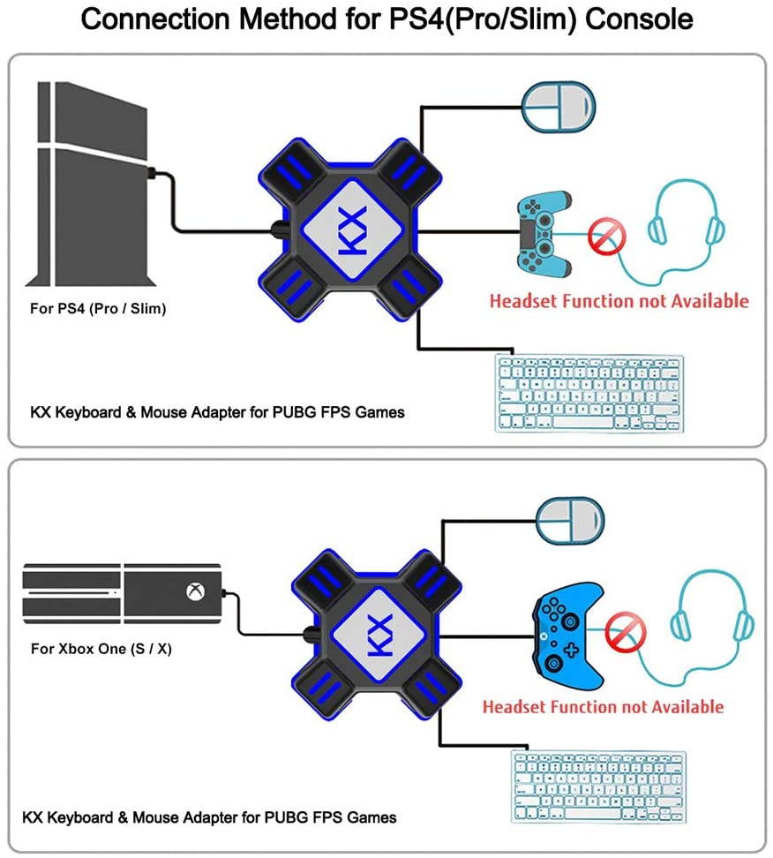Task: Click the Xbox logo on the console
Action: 192,591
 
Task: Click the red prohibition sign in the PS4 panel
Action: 609,236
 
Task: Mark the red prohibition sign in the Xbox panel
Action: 626,632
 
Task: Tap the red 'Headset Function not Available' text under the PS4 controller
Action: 619,300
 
